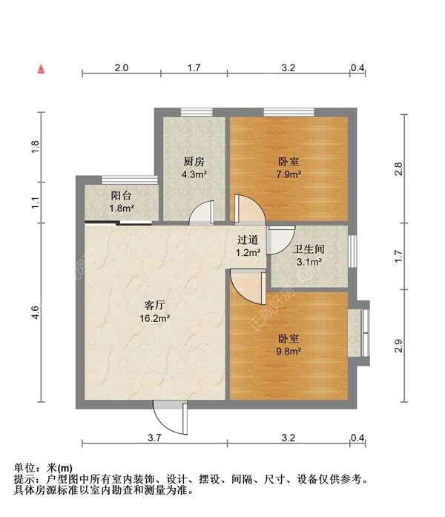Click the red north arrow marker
point(41,69)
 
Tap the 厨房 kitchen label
point(194,162)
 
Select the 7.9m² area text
point(289,174)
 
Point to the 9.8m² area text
point(289,352)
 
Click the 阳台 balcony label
point(121,196)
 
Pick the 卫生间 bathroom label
point(309,249)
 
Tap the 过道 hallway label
point(248,240)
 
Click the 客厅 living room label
point(154,305)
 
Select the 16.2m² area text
point(154,318)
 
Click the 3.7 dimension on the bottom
point(154,438)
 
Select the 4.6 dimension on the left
point(35,312)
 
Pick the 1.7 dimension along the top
point(194,67)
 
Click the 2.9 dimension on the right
point(398,346)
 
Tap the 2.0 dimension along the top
point(122,67)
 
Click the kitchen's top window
point(197,112)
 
